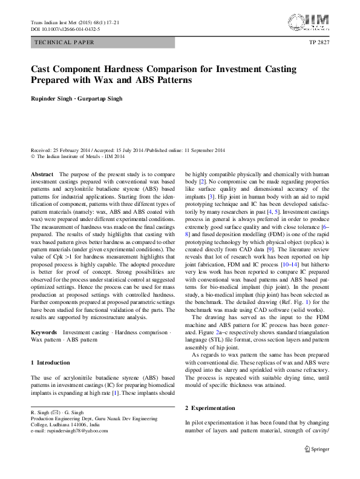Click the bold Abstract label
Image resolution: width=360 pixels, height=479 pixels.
pos(42,174)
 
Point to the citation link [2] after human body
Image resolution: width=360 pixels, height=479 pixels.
pos(204,181)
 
